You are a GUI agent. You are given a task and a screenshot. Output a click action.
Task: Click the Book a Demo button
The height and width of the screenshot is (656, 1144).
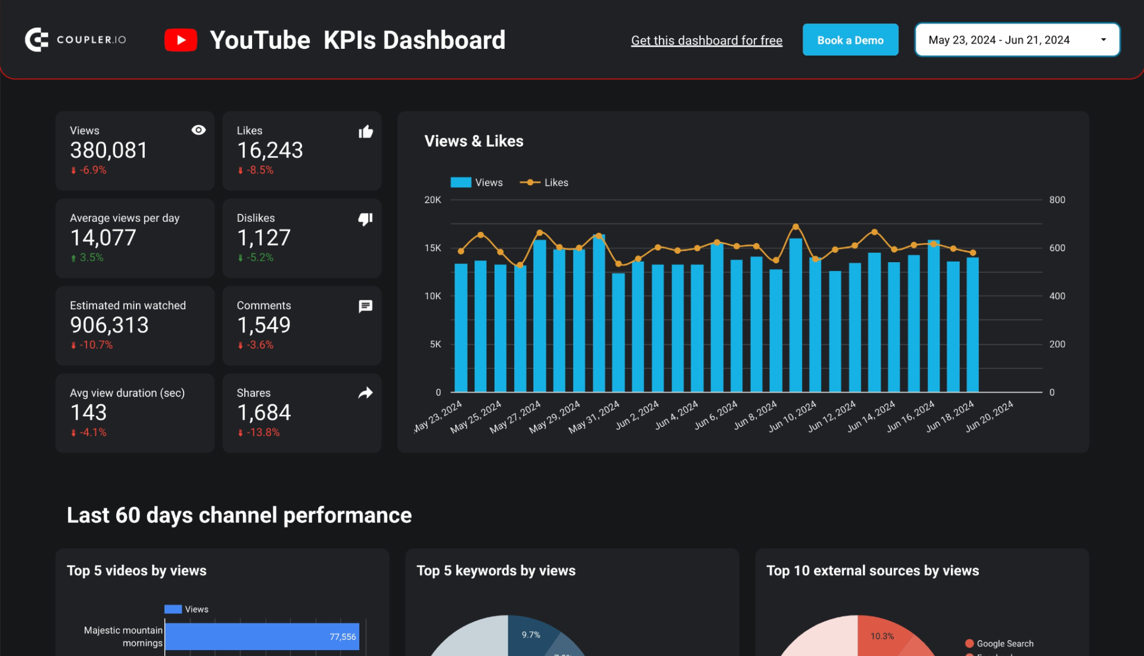tap(850, 40)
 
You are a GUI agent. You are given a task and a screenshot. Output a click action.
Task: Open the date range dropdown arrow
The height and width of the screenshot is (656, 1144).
tap(1103, 40)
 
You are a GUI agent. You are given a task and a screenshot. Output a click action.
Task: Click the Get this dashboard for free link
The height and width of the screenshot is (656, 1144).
tap(706, 41)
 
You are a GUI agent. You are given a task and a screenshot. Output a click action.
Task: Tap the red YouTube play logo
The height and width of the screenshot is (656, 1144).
tap(181, 40)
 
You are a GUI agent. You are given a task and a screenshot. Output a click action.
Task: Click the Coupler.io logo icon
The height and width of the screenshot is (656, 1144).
tap(36, 40)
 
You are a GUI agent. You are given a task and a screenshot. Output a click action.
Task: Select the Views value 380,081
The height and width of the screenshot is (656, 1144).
tap(108, 150)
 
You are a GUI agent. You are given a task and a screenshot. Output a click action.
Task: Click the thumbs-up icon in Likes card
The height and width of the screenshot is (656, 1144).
tap(365, 132)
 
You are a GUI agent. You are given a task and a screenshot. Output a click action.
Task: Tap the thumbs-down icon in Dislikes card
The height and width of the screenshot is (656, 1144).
tap(365, 219)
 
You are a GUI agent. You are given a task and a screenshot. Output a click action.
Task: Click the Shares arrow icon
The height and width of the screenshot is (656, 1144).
tap(365, 393)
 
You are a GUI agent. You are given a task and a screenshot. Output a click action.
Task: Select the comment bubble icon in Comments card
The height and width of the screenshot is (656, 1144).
tap(365, 306)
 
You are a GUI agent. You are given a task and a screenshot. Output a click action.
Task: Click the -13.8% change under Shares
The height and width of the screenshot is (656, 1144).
tap(263, 433)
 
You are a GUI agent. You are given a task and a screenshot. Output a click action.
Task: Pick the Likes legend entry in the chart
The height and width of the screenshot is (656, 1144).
tap(544, 182)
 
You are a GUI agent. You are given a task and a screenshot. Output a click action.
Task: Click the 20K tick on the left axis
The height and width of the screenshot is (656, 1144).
tap(433, 200)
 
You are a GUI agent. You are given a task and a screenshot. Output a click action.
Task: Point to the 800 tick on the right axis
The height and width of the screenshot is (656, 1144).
tap(1057, 200)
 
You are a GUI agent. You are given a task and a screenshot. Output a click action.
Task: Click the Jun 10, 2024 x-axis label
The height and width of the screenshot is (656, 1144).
tap(792, 416)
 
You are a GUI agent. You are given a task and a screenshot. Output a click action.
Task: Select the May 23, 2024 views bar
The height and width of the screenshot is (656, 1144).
tap(461, 328)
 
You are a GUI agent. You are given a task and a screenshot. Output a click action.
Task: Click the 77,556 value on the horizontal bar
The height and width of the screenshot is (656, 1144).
tap(343, 637)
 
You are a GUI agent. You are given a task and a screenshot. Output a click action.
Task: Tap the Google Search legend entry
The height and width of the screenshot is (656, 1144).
tap(1005, 643)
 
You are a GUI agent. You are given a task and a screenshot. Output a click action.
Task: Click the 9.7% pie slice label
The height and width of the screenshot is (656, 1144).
tap(531, 635)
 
